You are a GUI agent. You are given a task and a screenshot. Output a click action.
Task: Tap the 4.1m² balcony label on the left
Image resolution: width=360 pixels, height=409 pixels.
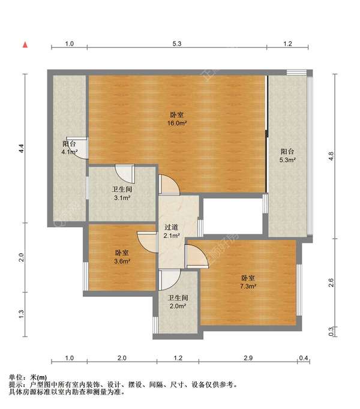pos(70,152)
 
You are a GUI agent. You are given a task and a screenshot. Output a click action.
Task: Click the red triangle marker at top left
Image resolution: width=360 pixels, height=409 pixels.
pos(25,44)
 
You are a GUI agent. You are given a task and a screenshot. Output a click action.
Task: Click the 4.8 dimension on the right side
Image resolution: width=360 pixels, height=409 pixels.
pos(331,157)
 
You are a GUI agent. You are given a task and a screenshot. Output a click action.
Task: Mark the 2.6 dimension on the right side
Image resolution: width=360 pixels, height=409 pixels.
pos(331,282)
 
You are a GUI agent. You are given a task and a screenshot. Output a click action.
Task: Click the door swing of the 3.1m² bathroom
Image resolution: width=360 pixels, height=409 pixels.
pos(125,173)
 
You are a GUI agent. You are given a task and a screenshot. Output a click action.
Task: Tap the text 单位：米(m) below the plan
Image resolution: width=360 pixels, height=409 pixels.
pos(28,377)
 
